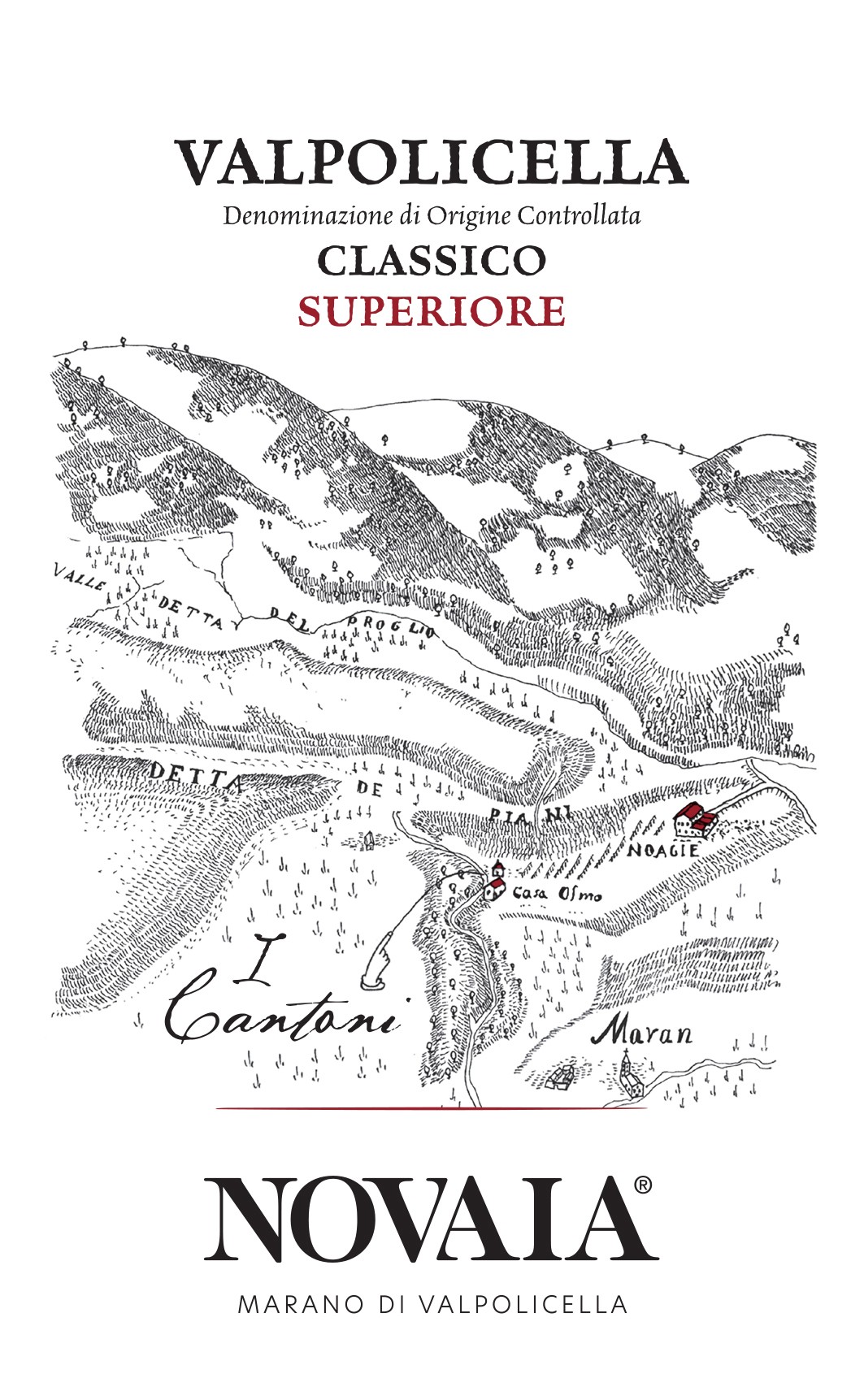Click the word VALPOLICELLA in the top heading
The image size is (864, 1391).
tap(432, 162)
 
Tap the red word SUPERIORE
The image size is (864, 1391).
tap(431, 312)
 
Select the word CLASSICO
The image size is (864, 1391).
tap(431, 261)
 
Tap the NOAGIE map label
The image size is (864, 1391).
tap(663, 850)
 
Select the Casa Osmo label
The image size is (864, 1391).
tap(557, 895)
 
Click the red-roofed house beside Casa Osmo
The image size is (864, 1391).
tap(495, 882)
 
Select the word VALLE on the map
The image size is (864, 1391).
tap(81, 578)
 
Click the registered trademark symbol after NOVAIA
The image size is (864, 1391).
tap(641, 1185)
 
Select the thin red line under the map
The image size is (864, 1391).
tap(431, 1108)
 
